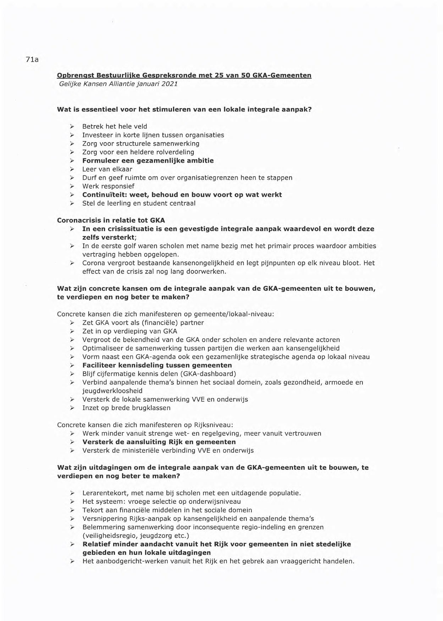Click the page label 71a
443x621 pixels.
point(32,60)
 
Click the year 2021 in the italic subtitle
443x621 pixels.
point(169,84)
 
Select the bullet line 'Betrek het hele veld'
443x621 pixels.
point(115,127)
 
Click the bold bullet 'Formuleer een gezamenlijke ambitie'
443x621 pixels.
point(148,161)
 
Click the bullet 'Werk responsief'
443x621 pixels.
point(108,186)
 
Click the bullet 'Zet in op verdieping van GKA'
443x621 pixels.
point(129,331)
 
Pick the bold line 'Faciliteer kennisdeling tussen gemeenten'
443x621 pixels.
point(157,365)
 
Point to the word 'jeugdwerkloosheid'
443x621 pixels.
point(112,391)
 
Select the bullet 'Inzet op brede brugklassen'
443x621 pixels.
point(126,408)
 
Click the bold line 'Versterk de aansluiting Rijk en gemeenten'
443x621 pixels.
point(159,442)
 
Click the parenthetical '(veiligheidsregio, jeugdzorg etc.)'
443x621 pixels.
point(136,536)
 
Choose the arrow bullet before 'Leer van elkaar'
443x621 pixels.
point(72,169)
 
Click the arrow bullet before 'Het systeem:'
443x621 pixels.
point(72,502)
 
